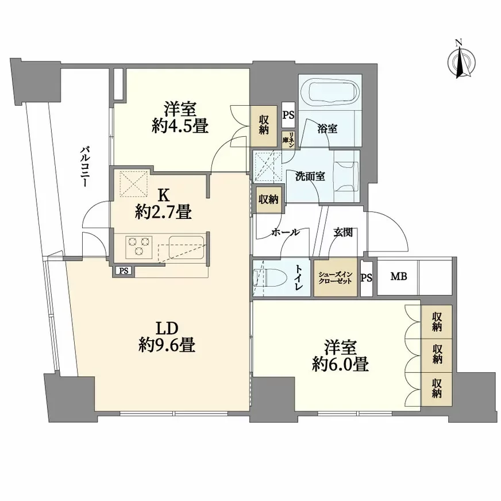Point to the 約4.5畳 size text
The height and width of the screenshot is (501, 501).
coord(179,126)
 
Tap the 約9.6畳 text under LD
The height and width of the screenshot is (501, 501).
coord(165,344)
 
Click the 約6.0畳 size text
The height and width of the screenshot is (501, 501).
coord(340,364)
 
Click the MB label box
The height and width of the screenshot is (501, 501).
coord(398,277)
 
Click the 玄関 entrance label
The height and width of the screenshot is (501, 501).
coord(344,233)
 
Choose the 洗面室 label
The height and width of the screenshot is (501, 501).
coord(310,176)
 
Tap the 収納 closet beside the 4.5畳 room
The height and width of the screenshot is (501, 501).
coord(264,125)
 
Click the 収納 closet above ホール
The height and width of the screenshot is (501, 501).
coord(268,199)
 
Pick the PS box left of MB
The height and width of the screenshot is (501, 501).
coord(366,278)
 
